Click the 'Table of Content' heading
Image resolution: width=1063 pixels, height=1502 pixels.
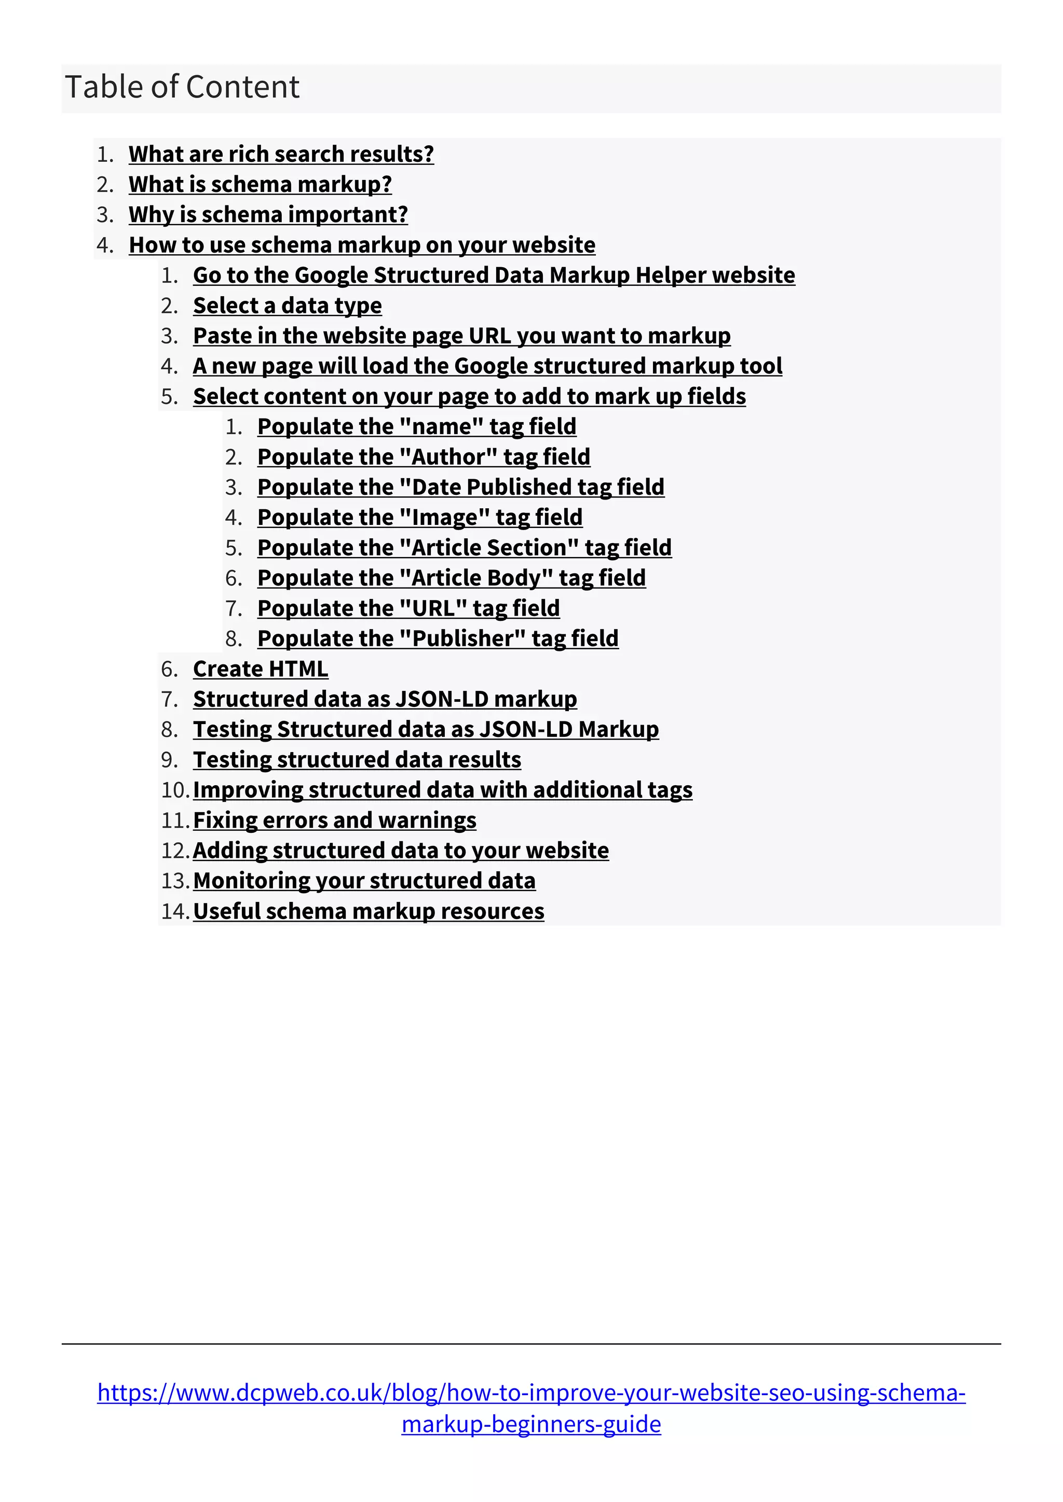coord(182,87)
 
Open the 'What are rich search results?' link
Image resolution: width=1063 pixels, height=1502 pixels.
coord(281,154)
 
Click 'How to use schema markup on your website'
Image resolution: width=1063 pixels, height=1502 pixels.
coord(362,245)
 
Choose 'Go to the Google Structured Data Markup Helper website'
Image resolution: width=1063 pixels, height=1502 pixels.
coord(494,275)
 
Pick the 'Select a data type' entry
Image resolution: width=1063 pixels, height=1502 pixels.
coord(288,305)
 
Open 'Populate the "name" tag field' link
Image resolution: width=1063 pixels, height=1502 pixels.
coord(416,426)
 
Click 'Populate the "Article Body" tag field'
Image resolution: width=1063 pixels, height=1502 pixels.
coord(451,578)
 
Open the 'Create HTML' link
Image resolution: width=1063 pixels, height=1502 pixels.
coord(261,669)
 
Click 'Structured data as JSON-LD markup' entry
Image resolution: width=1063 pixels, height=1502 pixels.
coord(385,699)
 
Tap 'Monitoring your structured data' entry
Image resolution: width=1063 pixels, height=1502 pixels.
coord(364,881)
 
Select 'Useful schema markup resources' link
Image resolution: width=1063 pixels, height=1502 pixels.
coord(369,911)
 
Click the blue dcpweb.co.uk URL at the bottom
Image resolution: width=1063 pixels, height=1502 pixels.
coord(531,1392)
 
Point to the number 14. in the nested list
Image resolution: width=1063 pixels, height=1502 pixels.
coord(175,911)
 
